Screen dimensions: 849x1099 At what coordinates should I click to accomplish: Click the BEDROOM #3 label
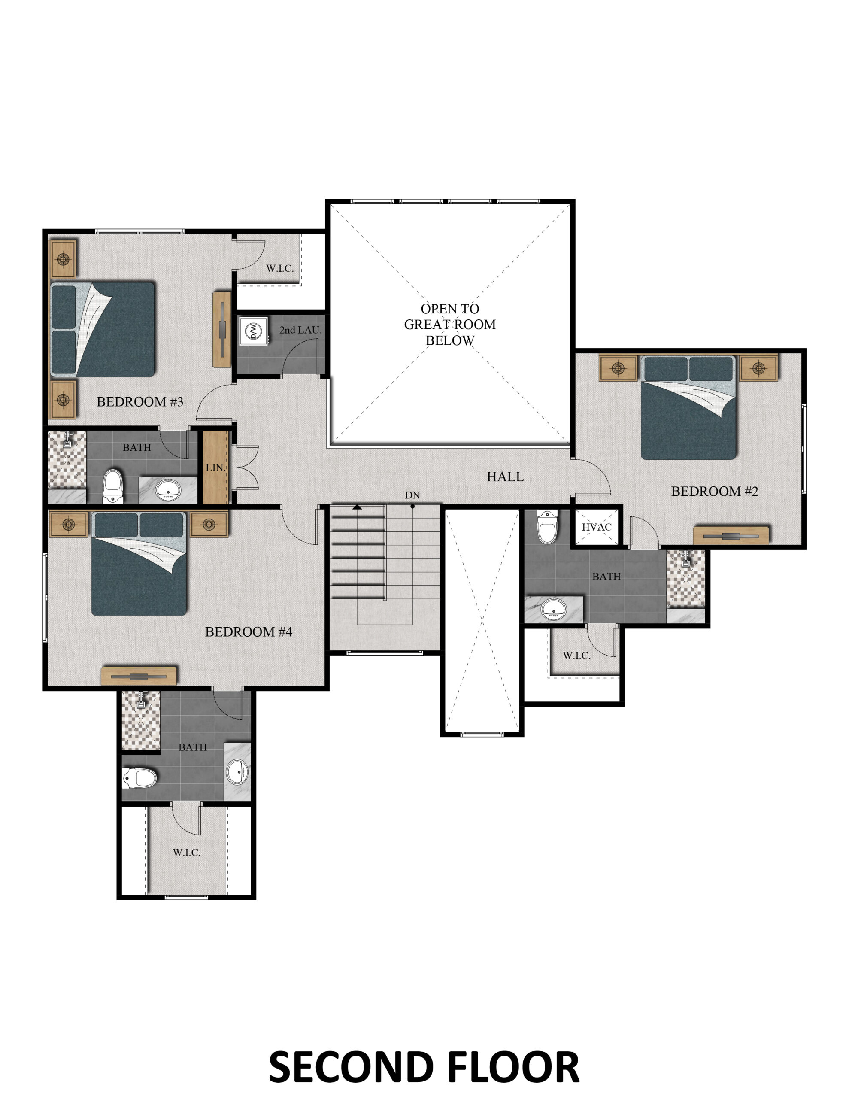(140, 401)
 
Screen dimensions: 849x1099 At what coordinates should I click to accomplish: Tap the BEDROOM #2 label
(715, 491)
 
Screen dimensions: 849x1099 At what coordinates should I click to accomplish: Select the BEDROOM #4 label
(249, 631)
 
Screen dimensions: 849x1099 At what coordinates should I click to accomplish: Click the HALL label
(505, 477)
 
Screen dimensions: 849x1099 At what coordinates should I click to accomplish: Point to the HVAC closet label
(597, 527)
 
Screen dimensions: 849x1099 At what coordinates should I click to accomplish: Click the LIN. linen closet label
(215, 468)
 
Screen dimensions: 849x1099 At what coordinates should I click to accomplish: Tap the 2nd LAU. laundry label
(300, 330)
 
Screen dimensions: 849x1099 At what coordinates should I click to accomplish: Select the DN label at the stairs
(412, 495)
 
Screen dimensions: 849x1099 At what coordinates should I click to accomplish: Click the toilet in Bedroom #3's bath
(113, 486)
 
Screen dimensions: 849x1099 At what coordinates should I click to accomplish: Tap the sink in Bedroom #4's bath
(237, 771)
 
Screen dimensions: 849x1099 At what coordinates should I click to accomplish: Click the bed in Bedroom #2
(688, 407)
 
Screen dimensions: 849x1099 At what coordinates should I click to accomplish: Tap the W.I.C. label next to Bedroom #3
(280, 268)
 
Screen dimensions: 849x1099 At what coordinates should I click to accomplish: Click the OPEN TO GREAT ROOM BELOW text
(450, 325)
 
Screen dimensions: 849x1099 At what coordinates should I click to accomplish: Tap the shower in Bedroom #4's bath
(141, 720)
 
